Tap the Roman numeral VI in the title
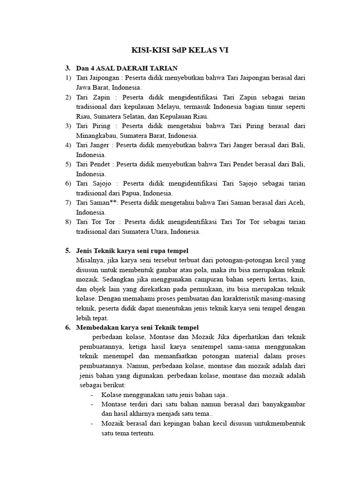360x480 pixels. point(222,50)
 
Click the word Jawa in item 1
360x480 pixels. point(85,87)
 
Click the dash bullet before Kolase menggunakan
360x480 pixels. point(91,395)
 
